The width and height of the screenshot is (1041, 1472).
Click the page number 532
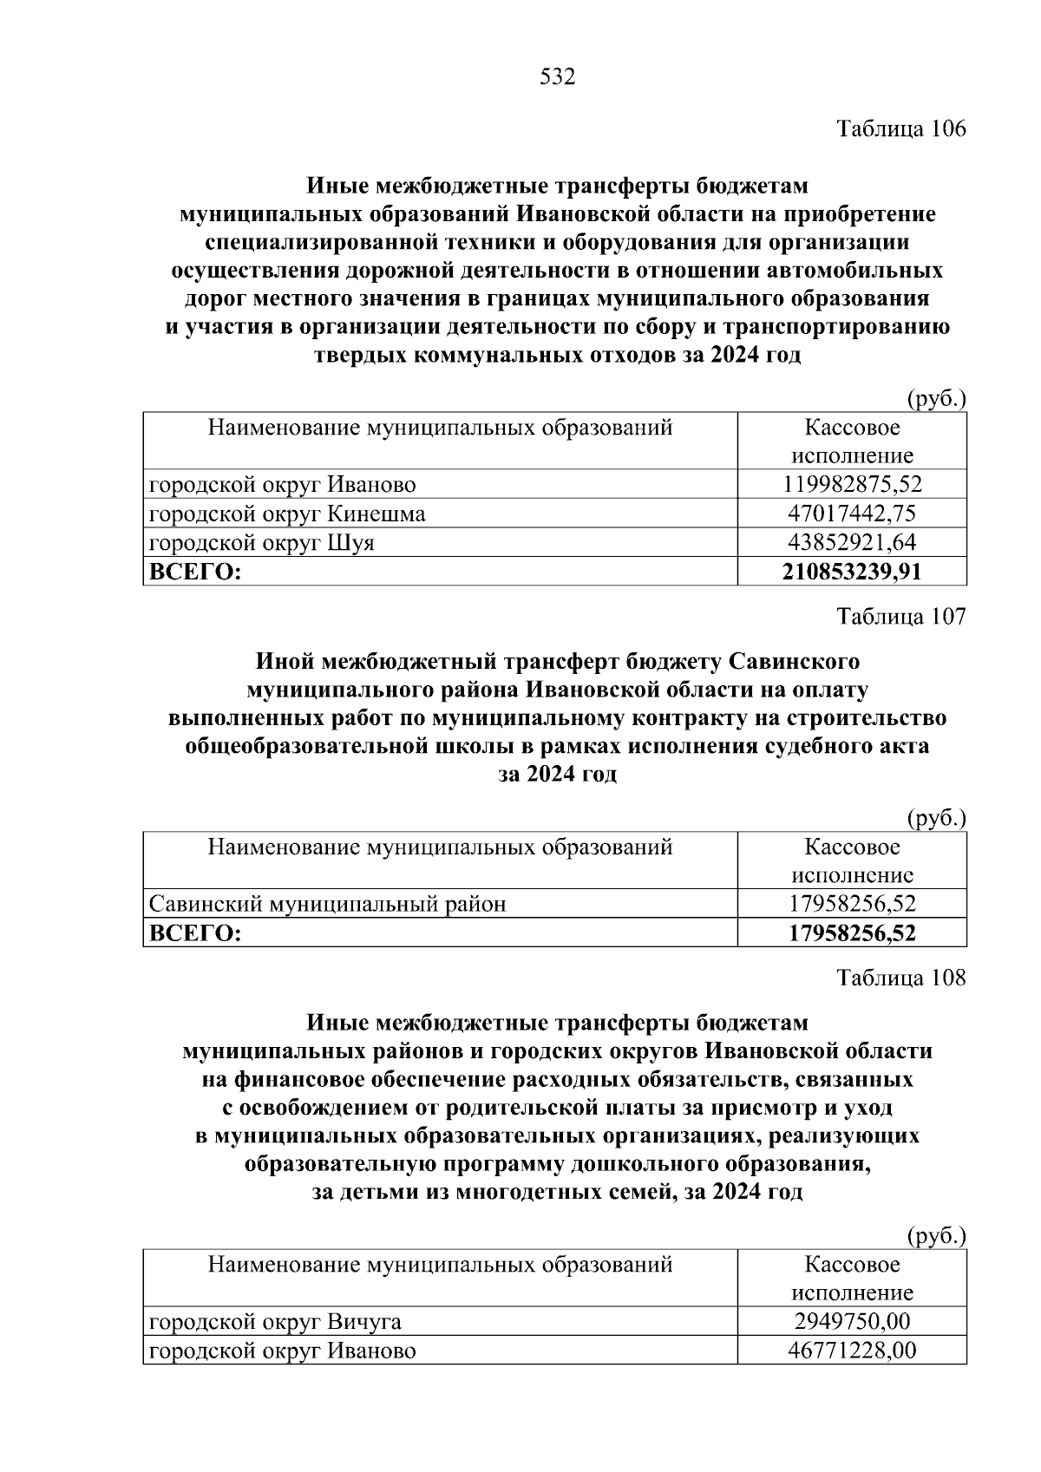557,77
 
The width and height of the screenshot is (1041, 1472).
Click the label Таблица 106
900,129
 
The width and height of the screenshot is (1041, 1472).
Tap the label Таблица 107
900,617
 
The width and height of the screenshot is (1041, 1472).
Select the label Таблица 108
900,978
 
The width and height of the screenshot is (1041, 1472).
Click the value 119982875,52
852,484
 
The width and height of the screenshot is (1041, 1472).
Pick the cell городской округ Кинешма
287,514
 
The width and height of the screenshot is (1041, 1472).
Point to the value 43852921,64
852,542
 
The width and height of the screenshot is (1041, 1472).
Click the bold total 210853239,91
852,571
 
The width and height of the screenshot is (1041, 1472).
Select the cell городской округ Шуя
262,542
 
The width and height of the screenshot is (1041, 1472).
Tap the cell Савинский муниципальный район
328,904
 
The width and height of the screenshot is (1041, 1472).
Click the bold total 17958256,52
852,932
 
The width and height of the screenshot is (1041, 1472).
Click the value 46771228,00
852,1351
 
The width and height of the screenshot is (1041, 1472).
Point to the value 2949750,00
852,1322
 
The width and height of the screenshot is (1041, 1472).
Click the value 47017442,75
852,514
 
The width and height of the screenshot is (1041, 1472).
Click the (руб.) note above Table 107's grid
936,818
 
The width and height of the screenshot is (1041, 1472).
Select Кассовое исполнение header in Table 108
852,1279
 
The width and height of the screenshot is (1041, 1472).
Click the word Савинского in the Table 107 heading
794,661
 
